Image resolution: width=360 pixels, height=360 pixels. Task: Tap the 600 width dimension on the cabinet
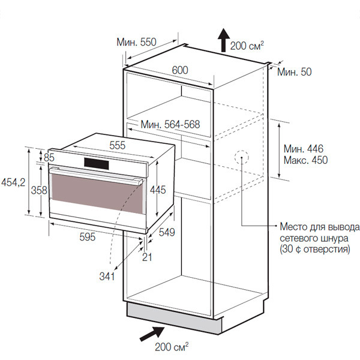pos(180,70)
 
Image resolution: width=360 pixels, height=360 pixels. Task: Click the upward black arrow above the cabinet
pos(223,40)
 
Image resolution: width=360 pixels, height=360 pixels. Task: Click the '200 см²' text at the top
pos(248,44)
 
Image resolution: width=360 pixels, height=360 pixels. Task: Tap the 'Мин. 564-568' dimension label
pos(170,125)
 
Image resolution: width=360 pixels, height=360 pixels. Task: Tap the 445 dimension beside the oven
pos(158,190)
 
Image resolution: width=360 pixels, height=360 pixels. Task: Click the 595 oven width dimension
pos(87,236)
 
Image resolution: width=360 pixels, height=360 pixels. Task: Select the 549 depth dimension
pos(167,232)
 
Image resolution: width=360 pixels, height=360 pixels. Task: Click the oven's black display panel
pos(98,163)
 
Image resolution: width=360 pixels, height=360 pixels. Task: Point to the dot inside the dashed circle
pos(242,159)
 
